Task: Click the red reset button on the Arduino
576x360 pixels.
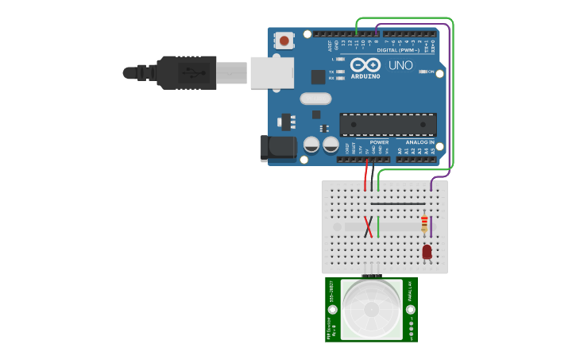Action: (285, 37)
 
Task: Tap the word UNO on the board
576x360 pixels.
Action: (400, 65)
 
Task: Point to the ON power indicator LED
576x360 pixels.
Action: (422, 72)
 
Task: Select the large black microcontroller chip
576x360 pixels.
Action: (388, 124)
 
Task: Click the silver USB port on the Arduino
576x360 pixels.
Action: (272, 72)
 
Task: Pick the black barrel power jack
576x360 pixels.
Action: (278, 148)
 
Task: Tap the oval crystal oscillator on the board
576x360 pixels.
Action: (315, 99)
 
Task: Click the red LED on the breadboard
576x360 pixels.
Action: (427, 251)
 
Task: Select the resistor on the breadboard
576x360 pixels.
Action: (424, 224)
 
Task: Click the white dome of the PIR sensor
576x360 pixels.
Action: (371, 308)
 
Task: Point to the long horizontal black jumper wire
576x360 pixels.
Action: (397, 203)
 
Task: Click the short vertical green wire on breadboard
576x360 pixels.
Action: (378, 226)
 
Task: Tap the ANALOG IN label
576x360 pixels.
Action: (420, 142)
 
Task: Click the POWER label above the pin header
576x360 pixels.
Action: (379, 142)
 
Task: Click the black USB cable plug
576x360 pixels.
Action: (186, 72)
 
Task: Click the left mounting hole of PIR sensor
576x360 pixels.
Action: (333, 309)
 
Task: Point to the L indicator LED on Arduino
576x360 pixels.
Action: (341, 59)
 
